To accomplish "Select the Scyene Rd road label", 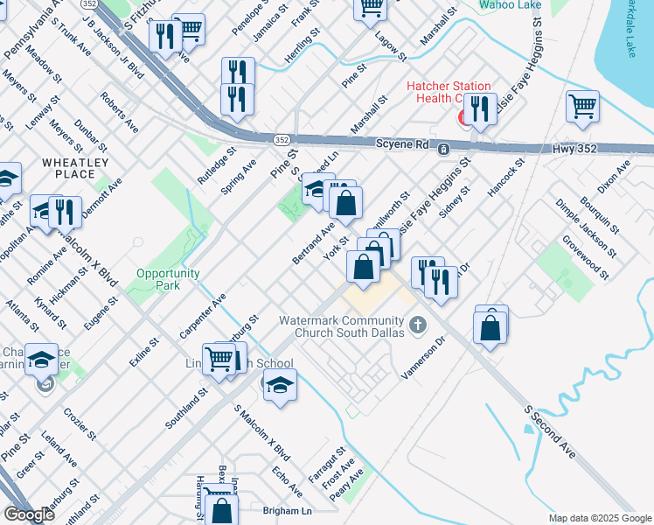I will (x=402, y=144).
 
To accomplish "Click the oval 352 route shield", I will (x=282, y=139).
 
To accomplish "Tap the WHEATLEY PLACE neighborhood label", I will (x=75, y=168).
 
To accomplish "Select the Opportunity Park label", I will (x=157, y=279).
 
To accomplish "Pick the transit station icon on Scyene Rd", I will (x=444, y=149).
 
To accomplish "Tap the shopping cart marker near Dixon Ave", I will (x=582, y=107).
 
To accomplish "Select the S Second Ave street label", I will (x=549, y=432).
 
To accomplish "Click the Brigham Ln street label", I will (x=287, y=510).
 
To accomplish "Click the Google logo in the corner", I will (x=29, y=514).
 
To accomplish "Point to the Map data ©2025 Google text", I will (x=599, y=518).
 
